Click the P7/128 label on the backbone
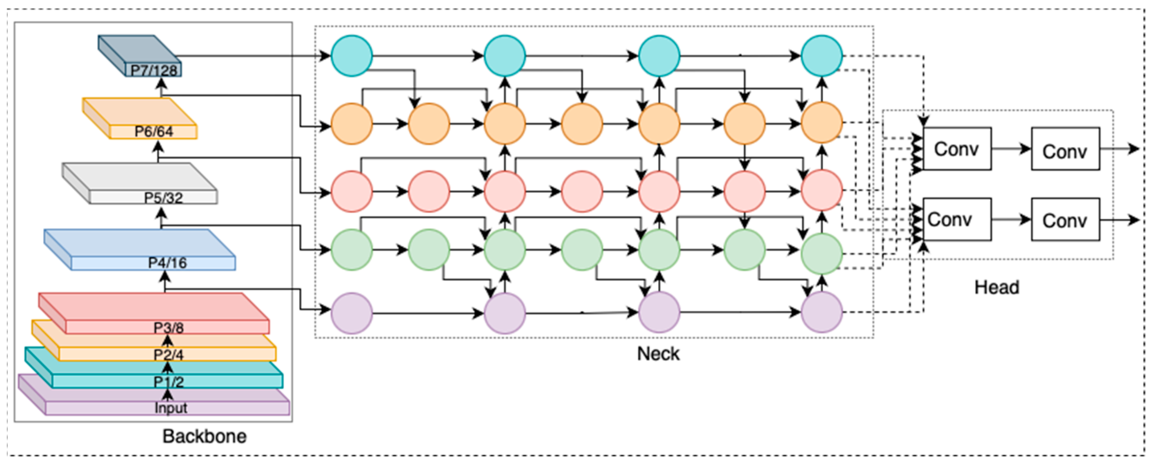pyautogui.click(x=154, y=70)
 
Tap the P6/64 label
pyautogui.click(x=154, y=131)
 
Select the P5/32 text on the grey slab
pyautogui.click(x=163, y=198)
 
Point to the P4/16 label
pyautogui.click(x=167, y=263)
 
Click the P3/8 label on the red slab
pyautogui.click(x=169, y=328)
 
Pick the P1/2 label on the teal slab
pyautogui.click(x=169, y=382)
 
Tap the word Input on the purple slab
pyautogui.click(x=171, y=408)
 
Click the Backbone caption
pyautogui.click(x=204, y=437)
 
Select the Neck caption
pyautogui.click(x=658, y=354)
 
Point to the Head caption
pyautogui.click(x=997, y=287)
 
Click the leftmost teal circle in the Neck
pyautogui.click(x=352, y=56)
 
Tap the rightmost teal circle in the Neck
pyautogui.click(x=822, y=56)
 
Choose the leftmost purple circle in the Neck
pyautogui.click(x=352, y=313)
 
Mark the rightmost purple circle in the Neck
pyautogui.click(x=822, y=313)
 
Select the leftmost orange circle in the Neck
pyautogui.click(x=352, y=124)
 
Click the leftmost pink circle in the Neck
pyautogui.click(x=352, y=191)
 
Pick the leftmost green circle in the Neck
pyautogui.click(x=352, y=250)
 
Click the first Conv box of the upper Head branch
pyautogui.click(x=957, y=149)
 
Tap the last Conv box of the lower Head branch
pyautogui.click(x=1065, y=220)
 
